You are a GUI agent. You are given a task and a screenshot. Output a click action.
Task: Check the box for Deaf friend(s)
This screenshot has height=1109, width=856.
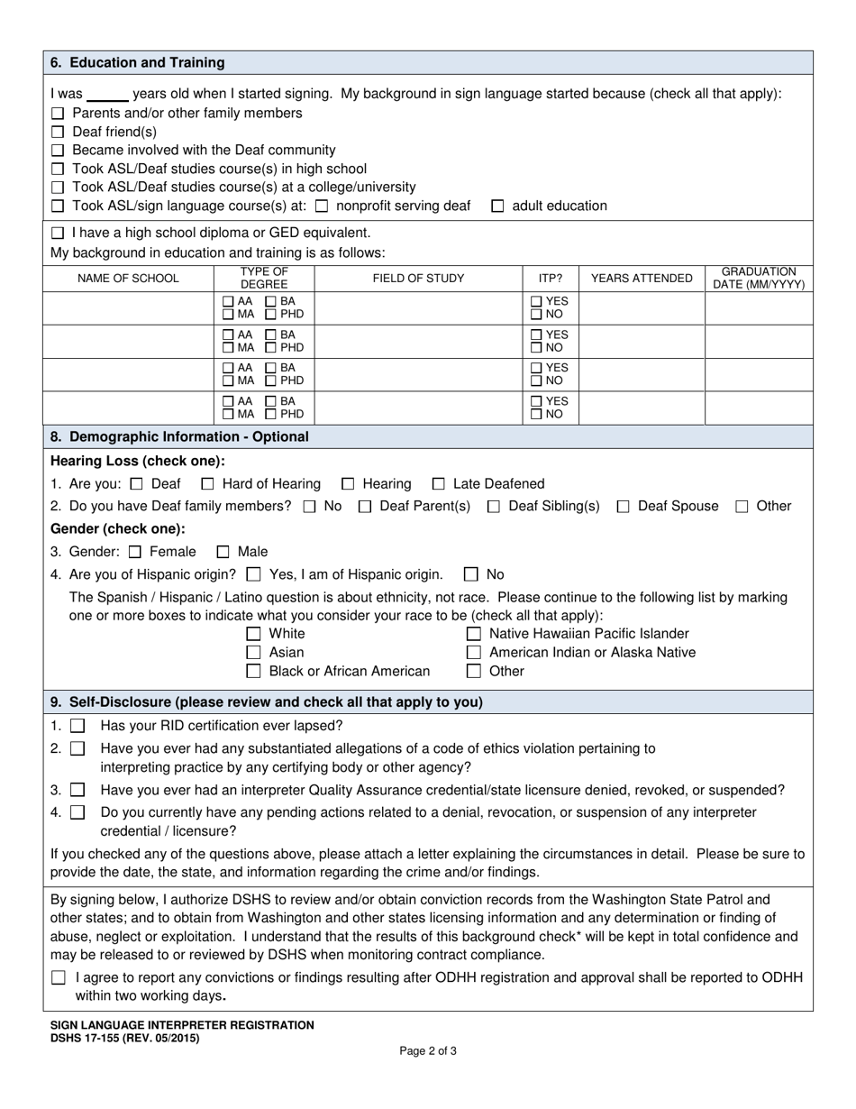pyautogui.click(x=58, y=133)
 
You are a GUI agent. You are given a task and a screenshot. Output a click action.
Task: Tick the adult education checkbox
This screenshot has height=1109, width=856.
pyautogui.click(x=497, y=206)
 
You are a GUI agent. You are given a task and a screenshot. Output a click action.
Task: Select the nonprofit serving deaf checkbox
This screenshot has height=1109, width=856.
pyautogui.click(x=322, y=206)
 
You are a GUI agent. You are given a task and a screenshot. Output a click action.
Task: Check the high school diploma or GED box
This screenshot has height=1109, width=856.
pyautogui.click(x=58, y=234)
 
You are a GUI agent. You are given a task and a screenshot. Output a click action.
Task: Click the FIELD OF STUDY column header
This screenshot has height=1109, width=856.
pyautogui.click(x=418, y=279)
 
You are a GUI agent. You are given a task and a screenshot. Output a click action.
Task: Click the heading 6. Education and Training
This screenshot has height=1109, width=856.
pyautogui.click(x=138, y=63)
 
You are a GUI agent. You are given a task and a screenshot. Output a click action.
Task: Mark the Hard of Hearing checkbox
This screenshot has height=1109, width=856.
pyautogui.click(x=207, y=484)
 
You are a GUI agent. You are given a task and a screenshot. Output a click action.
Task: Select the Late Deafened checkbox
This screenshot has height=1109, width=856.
pyautogui.click(x=439, y=484)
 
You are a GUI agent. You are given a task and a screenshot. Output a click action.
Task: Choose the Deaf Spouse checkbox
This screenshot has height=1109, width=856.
pyautogui.click(x=624, y=507)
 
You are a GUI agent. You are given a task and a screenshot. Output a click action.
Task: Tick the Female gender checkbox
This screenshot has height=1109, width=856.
pyautogui.click(x=136, y=552)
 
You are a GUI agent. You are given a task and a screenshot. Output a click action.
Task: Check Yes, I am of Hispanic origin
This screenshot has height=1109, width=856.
pyautogui.click(x=254, y=574)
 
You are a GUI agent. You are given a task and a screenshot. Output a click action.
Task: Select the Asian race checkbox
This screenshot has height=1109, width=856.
pyautogui.click(x=254, y=653)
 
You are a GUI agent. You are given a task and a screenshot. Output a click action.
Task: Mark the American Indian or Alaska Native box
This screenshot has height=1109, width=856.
pyautogui.click(x=473, y=653)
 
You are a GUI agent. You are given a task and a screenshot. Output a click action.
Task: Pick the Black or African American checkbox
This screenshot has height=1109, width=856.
pyautogui.click(x=254, y=672)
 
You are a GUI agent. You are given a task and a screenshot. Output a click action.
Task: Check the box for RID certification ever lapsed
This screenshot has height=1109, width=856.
pyautogui.click(x=78, y=726)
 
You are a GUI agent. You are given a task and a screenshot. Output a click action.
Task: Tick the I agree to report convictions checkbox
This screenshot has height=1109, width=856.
pyautogui.click(x=59, y=977)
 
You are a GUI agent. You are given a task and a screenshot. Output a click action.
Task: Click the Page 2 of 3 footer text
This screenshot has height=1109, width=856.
pyautogui.click(x=428, y=1050)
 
